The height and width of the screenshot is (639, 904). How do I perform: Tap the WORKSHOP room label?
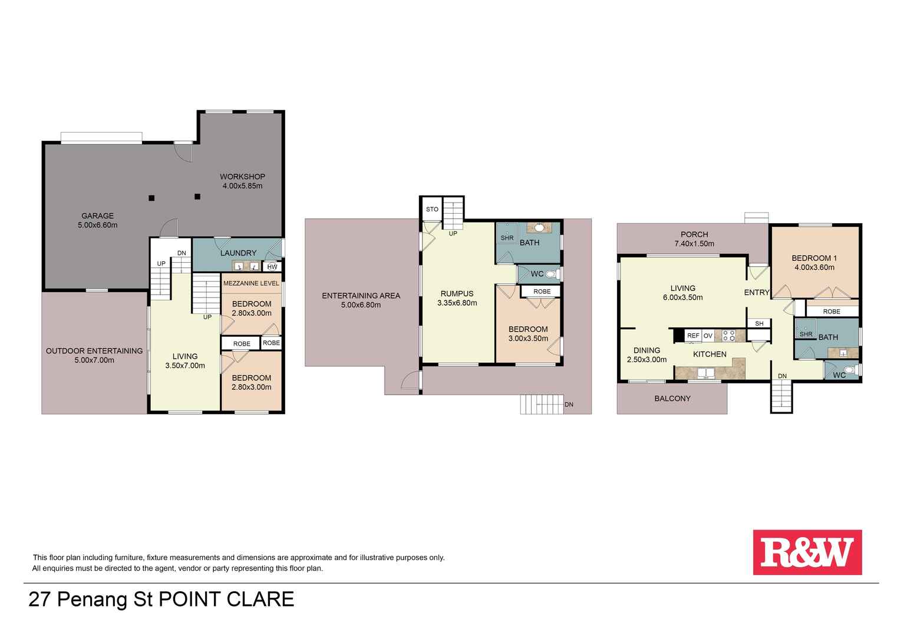tap(242, 176)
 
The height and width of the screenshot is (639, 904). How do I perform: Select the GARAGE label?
tap(97, 216)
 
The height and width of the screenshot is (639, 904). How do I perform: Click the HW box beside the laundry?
tap(272, 267)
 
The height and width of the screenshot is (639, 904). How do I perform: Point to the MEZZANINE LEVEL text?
tap(251, 283)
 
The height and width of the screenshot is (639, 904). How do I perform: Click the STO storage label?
tap(432, 209)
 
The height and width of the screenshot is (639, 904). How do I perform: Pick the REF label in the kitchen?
tap(693, 336)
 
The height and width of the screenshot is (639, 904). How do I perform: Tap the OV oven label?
tap(708, 336)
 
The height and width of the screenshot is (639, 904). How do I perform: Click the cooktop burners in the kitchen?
tap(728, 336)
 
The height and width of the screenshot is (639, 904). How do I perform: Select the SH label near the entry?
tap(759, 323)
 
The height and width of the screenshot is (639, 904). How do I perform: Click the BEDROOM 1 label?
tap(814, 258)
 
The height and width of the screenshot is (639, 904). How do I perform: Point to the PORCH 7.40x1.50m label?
tap(694, 239)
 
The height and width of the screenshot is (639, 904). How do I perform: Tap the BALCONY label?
tap(672, 398)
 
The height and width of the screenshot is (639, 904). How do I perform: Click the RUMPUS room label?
tap(457, 294)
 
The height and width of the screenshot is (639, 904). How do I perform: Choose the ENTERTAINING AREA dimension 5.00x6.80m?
tap(361, 305)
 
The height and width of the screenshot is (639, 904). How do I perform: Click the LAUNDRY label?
tap(238, 253)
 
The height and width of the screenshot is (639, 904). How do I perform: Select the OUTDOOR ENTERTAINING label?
tap(94, 351)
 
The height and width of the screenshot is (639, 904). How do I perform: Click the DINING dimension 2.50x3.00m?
tap(646, 359)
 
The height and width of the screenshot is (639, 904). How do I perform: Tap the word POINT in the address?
tap(190, 599)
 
